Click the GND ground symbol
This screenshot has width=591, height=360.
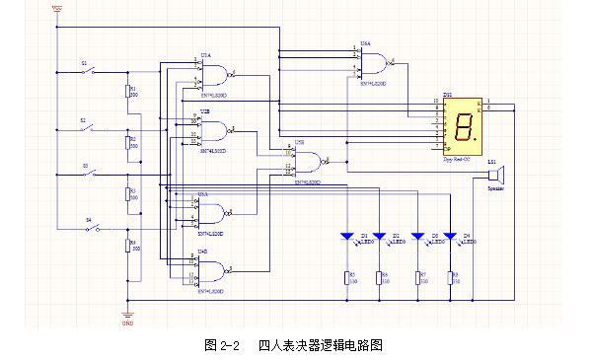[126, 314]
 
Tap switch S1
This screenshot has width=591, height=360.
[90, 72]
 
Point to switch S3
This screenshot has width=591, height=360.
[90, 174]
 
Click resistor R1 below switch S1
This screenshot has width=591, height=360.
[126, 93]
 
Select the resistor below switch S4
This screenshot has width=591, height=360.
[126, 247]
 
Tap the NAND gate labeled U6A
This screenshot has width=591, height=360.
[373, 64]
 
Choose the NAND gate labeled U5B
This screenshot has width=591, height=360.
[310, 162]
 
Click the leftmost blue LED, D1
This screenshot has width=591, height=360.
[347, 238]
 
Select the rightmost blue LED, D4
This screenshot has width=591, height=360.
[450, 238]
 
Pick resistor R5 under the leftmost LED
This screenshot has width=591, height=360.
[347, 277]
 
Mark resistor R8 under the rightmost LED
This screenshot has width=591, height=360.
[450, 277]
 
